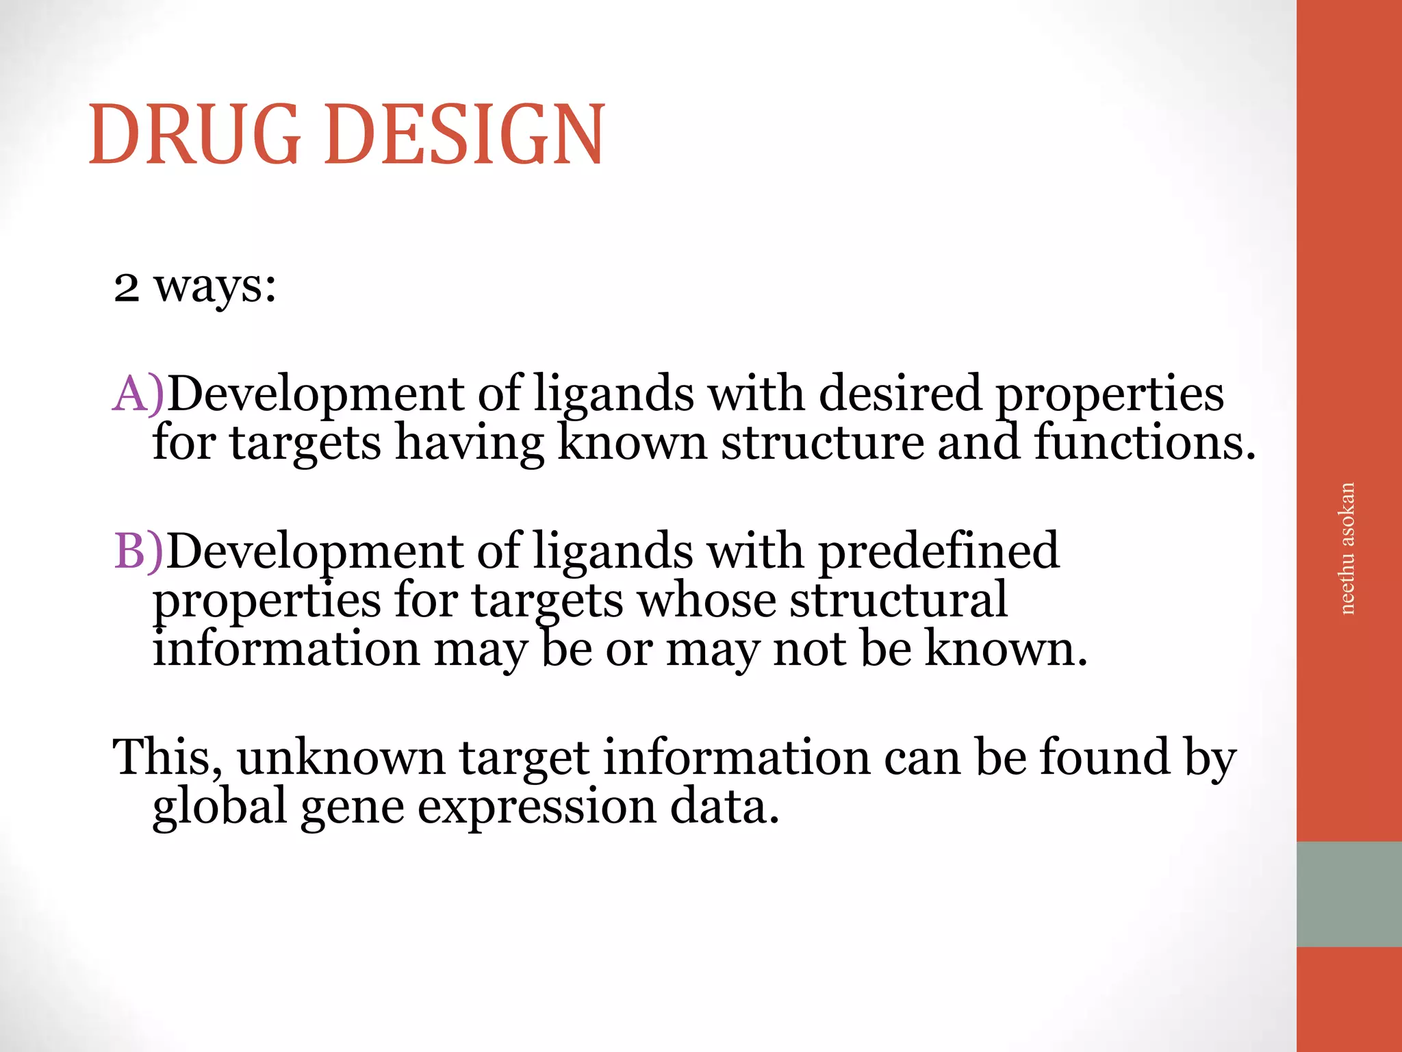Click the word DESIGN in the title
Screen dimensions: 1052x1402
(465, 134)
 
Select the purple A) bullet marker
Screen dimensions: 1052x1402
(138, 394)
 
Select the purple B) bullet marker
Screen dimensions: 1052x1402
(138, 551)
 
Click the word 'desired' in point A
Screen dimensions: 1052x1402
(900, 394)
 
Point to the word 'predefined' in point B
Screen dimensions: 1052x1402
(939, 551)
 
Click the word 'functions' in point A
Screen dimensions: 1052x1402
(1140, 442)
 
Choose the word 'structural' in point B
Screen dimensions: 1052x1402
(898, 600)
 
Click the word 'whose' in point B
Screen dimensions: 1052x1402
(706, 600)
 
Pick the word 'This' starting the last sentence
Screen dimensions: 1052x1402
(167, 757)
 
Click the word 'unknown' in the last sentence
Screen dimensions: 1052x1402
(342, 757)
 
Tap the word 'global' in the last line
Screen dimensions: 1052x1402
(219, 807)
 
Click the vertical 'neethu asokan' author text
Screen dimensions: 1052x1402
(1347, 549)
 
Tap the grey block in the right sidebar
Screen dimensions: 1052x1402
(1349, 894)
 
